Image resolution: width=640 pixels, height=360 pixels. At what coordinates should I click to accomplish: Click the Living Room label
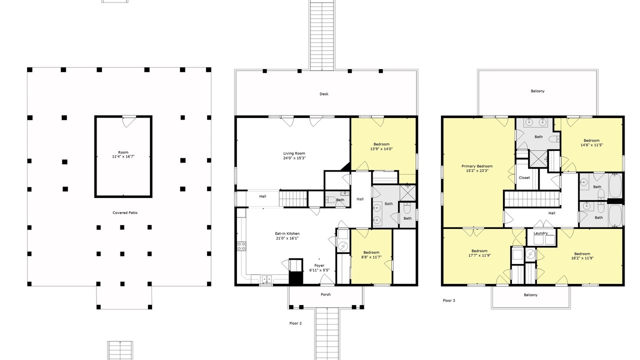click(x=294, y=153)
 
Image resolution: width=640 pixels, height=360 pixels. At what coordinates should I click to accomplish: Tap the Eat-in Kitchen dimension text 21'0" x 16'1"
click(x=287, y=238)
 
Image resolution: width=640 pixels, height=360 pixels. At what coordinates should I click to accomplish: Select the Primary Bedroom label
click(x=477, y=166)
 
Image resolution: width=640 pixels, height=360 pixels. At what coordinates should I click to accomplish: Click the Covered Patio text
click(x=125, y=213)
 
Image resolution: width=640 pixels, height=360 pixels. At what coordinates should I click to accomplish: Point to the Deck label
click(x=324, y=94)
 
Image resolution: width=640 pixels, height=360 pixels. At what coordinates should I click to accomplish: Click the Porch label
click(x=325, y=294)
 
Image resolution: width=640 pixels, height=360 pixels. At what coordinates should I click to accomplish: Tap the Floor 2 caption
click(x=295, y=323)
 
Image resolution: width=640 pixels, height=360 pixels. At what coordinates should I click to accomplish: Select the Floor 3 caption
click(x=449, y=300)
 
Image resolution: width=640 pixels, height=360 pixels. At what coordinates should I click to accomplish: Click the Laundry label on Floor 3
click(x=540, y=233)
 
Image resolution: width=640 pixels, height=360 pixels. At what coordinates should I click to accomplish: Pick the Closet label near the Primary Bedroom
click(x=524, y=177)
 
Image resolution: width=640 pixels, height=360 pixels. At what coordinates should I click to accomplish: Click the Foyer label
click(x=319, y=265)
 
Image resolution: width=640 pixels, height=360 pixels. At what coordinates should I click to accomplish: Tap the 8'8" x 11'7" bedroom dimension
click(x=371, y=257)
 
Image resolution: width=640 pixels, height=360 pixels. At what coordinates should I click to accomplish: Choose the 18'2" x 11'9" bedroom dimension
click(x=582, y=258)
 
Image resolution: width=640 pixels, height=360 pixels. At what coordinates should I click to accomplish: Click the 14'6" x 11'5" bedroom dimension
click(x=591, y=145)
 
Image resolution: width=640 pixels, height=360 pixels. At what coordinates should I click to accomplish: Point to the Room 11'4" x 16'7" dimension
click(x=123, y=156)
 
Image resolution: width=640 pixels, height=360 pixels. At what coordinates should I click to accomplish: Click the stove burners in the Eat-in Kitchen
click(x=241, y=246)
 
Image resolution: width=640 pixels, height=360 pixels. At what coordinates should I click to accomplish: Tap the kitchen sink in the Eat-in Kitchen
click(x=266, y=279)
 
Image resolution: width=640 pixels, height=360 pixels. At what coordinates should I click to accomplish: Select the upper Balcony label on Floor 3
click(x=537, y=91)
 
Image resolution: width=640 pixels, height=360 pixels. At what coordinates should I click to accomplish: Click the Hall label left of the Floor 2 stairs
click(x=262, y=196)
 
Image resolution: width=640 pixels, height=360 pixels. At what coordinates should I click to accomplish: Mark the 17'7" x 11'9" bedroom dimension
click(x=479, y=255)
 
